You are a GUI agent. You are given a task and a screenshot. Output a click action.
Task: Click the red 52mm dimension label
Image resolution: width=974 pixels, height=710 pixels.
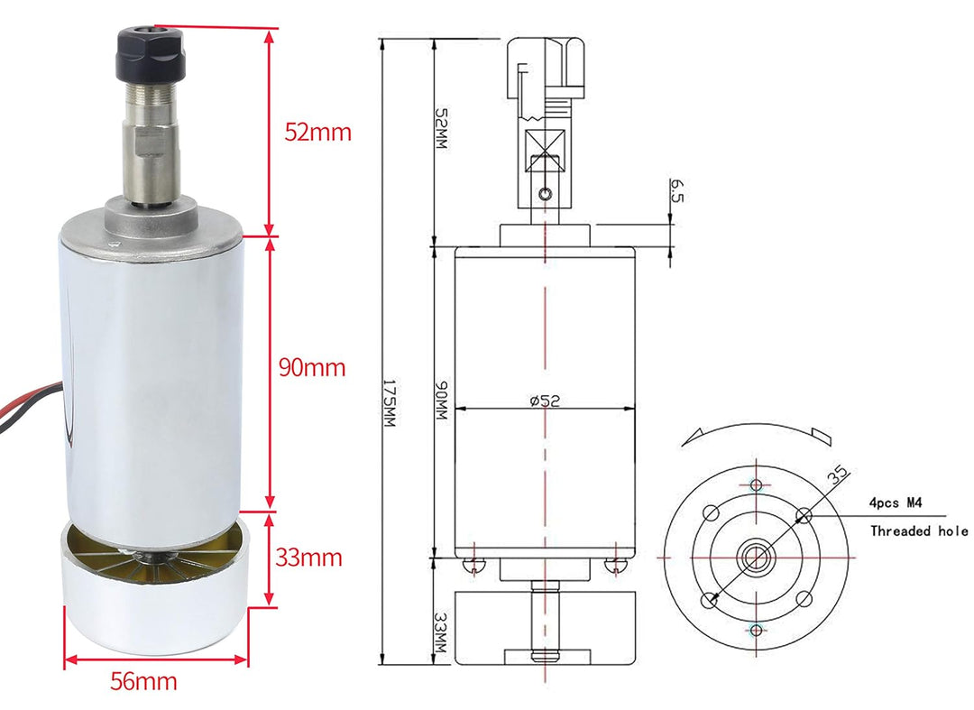317,132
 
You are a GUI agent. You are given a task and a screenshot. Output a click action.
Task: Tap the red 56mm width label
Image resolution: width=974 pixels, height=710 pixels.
143,681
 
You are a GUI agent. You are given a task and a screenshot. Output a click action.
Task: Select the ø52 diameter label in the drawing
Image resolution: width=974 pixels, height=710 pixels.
545,401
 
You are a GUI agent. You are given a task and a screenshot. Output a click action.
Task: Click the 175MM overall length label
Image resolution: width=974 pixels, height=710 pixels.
390,404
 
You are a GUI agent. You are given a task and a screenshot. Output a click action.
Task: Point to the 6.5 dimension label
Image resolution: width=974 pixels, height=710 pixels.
676,189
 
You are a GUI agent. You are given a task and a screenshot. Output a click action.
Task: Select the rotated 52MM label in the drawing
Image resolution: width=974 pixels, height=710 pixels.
441,130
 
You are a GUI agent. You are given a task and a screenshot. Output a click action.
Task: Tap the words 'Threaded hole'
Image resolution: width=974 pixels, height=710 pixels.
918,531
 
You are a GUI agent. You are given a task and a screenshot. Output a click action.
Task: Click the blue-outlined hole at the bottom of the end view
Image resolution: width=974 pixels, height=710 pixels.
755,629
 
